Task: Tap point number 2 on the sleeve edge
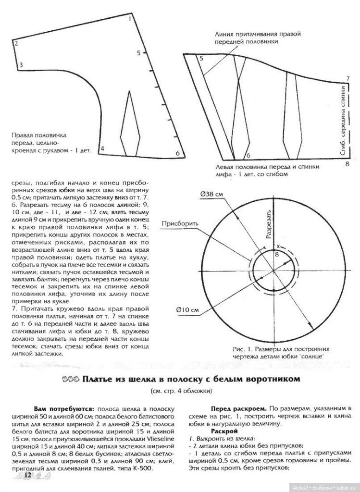[16, 43]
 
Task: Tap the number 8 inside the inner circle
[276, 254]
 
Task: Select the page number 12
[27, 475]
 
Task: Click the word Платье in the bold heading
[97, 379]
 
